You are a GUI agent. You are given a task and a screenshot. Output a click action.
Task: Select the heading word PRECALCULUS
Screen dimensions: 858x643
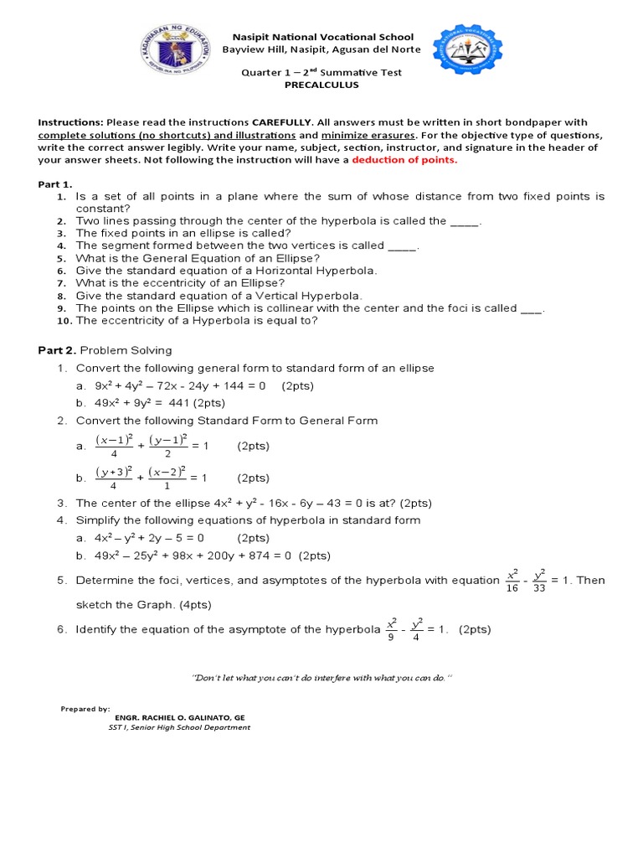(x=322, y=85)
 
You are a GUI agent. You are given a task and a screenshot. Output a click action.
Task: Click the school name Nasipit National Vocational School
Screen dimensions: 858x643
(x=322, y=37)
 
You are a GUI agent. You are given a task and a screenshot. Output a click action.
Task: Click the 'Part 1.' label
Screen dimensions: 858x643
(x=55, y=183)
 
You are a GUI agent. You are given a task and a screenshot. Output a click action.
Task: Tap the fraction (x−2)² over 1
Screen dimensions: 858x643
(x=167, y=478)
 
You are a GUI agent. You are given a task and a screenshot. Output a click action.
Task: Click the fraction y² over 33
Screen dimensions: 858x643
(x=538, y=581)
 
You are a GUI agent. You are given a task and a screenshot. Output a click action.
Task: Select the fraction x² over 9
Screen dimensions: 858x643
(x=390, y=629)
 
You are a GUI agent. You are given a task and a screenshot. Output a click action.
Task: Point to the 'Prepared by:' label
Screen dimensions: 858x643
(x=85, y=708)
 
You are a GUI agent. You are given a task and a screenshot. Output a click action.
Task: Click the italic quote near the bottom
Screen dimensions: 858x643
(x=322, y=676)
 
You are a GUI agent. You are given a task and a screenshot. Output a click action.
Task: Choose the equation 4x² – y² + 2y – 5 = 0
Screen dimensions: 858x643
(x=148, y=538)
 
